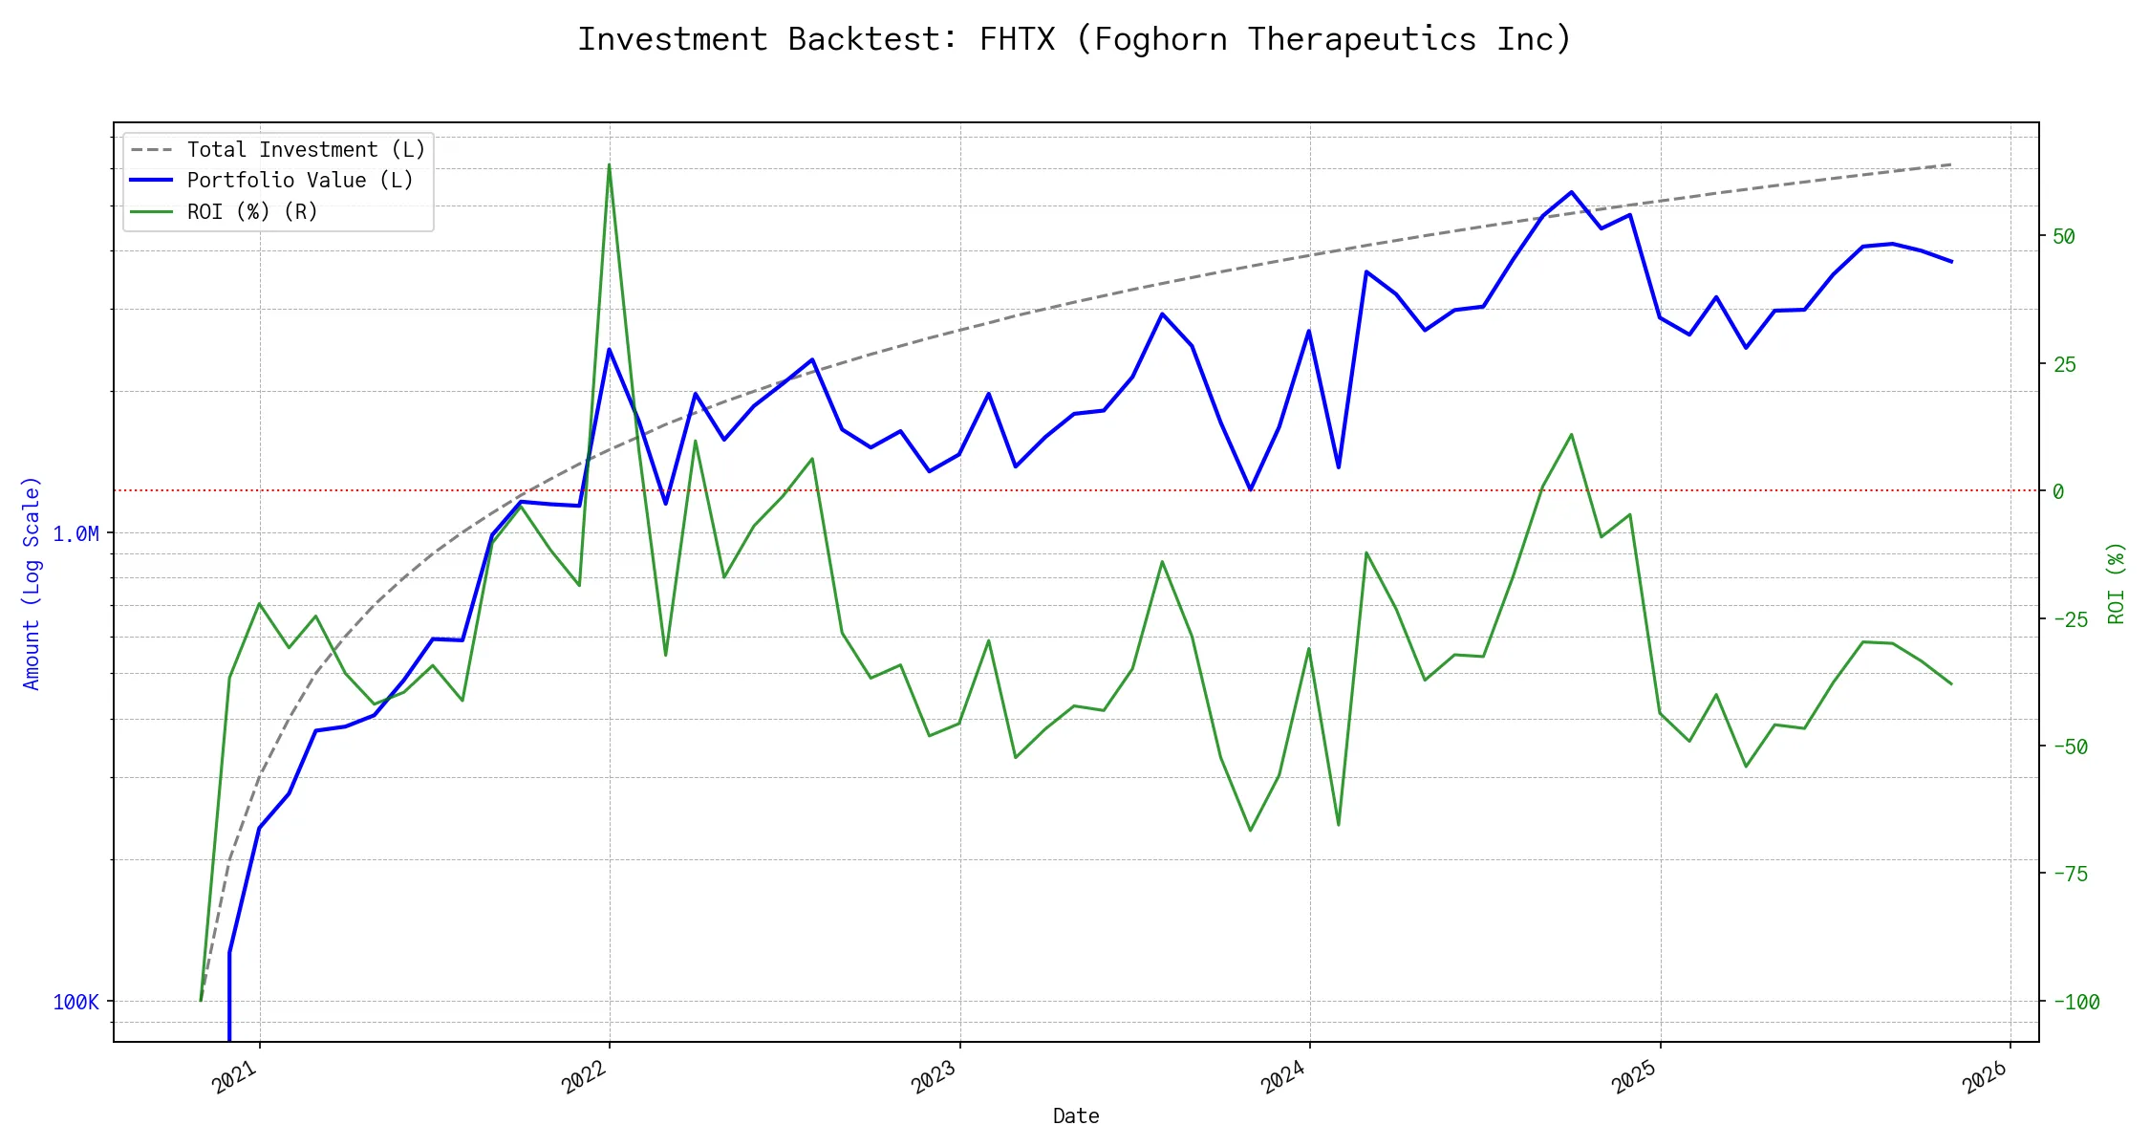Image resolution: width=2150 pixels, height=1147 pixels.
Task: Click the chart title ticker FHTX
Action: click(x=1017, y=39)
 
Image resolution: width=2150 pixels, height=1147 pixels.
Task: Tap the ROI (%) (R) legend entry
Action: click(x=251, y=211)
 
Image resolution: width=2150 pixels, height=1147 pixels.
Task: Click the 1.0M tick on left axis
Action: click(x=75, y=533)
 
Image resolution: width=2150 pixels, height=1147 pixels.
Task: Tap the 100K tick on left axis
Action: click(x=75, y=1002)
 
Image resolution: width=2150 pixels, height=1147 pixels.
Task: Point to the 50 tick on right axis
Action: click(x=2064, y=236)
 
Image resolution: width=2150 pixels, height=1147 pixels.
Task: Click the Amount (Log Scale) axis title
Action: click(x=32, y=583)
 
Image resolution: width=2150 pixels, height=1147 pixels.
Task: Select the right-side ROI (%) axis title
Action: click(x=2117, y=583)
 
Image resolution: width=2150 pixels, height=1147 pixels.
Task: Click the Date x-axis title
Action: click(x=1076, y=1115)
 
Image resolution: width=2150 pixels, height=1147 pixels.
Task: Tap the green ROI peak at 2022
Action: click(x=609, y=165)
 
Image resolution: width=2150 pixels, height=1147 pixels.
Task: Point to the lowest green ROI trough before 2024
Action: click(x=1250, y=830)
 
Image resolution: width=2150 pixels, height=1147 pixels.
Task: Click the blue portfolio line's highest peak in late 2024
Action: click(x=1571, y=192)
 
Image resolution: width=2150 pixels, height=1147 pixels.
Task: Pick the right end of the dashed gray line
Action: click(x=1950, y=164)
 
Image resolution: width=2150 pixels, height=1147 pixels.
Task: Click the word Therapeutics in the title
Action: click(x=1362, y=39)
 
